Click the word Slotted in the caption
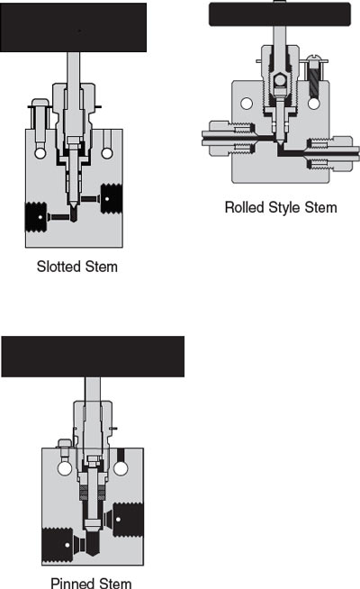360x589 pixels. (59, 267)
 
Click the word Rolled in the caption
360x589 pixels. (244, 207)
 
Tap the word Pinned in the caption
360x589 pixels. (74, 583)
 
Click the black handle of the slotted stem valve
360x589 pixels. (73, 27)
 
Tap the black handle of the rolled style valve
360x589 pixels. (280, 14)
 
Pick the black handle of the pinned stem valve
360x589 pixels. (93, 357)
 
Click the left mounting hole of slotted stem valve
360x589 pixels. (40, 153)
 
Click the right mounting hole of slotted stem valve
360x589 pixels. (107, 153)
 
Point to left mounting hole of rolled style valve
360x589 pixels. (247, 104)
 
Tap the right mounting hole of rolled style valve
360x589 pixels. (314, 104)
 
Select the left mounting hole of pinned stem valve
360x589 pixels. (65, 468)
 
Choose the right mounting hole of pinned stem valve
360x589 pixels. (121, 468)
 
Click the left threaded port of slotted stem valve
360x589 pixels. (36, 217)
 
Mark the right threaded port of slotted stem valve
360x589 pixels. (112, 199)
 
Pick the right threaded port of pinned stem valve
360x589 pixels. (129, 520)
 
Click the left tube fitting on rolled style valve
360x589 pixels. (229, 138)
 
